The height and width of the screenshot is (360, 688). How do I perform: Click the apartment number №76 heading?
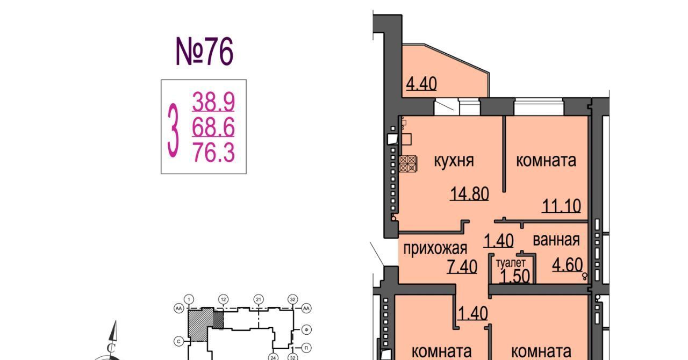(x=205, y=51)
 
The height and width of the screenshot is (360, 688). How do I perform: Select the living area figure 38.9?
(x=213, y=102)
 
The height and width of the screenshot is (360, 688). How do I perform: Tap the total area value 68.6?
(x=213, y=127)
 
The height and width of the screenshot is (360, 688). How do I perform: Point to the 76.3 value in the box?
(x=214, y=152)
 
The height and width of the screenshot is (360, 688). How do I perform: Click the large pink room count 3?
(x=173, y=131)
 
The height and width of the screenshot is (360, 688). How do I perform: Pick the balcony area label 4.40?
(x=421, y=83)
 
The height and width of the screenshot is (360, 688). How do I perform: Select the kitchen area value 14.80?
(x=469, y=194)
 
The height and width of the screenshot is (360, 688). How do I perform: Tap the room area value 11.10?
(x=561, y=206)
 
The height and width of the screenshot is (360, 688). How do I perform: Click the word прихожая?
(x=435, y=248)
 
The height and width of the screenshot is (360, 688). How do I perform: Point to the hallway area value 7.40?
(x=462, y=267)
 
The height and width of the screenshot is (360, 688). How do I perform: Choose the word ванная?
(x=556, y=240)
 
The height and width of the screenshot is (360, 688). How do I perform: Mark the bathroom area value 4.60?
(x=567, y=264)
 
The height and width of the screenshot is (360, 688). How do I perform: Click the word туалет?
(x=511, y=263)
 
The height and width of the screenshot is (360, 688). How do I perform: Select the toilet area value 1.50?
(x=515, y=276)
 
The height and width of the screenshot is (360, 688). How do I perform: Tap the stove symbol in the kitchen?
(x=408, y=164)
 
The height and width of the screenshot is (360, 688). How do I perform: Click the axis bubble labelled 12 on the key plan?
(x=223, y=299)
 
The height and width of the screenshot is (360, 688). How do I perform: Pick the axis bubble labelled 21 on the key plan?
(x=259, y=299)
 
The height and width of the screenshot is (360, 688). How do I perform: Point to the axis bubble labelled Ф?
(x=306, y=330)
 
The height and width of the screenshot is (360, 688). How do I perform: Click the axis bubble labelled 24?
(x=273, y=357)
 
